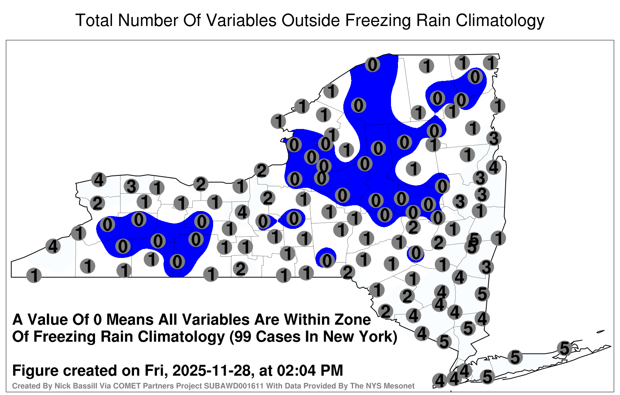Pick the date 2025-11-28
click(212, 370)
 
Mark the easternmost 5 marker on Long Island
click(564, 348)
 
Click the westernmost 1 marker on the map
click(34, 275)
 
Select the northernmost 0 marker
click(372, 64)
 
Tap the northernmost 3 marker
click(494, 138)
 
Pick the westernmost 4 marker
click(53, 246)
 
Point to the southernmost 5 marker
click(487, 377)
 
